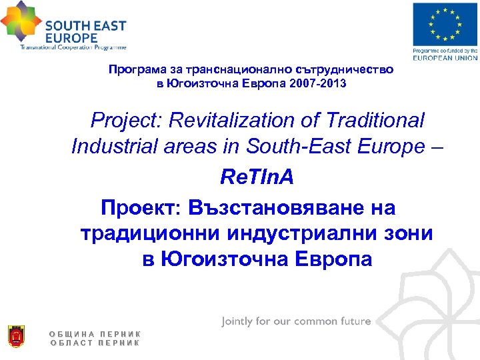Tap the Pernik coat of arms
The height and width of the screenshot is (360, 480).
[x=15, y=337]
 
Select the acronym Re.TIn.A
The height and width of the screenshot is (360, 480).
[x=257, y=178]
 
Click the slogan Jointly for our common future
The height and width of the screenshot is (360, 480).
[x=296, y=321]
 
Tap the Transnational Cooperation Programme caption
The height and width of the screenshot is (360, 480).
[x=73, y=47]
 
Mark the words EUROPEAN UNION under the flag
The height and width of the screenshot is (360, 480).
[x=445, y=58]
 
